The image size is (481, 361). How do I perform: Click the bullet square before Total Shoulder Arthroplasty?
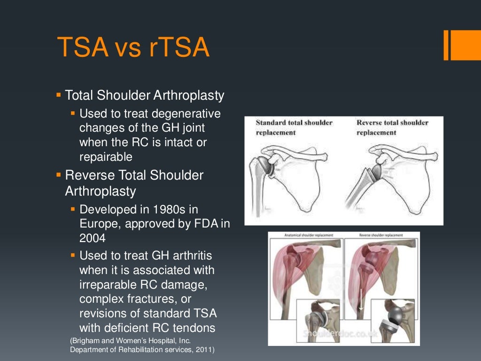coord(59,95)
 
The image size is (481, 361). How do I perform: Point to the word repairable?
coord(106,157)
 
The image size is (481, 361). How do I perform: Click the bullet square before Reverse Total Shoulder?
coord(59,175)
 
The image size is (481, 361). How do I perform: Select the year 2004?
coord(93,238)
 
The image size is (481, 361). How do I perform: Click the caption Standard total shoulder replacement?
coord(294,127)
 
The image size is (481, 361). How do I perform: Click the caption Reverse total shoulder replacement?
coord(392,127)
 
